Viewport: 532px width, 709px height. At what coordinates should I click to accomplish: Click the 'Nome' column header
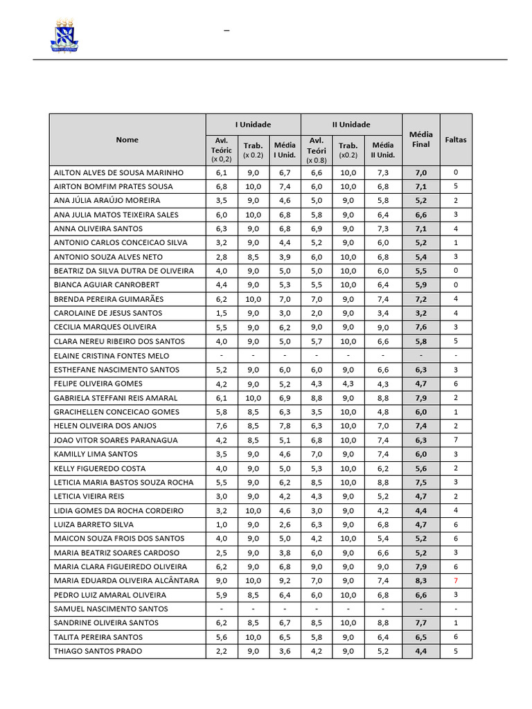pos(127,140)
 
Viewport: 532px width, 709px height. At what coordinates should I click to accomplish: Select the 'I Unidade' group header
pos(253,125)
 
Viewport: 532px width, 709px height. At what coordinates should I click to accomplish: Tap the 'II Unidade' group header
pos(351,125)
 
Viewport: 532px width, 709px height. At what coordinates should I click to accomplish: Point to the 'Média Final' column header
pos(421,139)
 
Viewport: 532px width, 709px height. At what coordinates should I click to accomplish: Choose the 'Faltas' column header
pos(456,139)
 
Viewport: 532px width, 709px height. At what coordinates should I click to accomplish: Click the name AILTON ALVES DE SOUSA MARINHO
pos(118,172)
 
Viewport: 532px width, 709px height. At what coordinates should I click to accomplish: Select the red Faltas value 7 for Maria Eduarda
pos(456,581)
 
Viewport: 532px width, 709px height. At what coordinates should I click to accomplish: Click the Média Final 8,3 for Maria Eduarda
pos(421,581)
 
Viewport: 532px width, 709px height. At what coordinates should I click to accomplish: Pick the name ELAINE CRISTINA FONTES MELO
pos(111,356)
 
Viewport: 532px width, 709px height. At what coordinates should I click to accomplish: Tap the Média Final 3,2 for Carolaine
pos(421,313)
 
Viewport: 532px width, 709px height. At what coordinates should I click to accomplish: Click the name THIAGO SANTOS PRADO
pos(98,652)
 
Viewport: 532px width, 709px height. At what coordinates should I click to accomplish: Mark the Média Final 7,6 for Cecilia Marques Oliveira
pos(421,327)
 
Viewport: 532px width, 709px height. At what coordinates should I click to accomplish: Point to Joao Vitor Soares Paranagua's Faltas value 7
pos(456,440)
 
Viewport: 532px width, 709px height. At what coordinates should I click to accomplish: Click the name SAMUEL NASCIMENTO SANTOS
pos(111,609)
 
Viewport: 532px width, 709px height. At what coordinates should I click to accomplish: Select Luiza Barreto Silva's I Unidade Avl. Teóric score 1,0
pos(222,525)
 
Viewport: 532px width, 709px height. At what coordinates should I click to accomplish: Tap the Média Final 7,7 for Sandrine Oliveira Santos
pos(421,623)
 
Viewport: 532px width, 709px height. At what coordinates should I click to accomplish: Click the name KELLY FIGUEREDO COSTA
pos(100,469)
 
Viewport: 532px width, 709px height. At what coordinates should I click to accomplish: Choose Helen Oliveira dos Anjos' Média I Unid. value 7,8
pos(285,426)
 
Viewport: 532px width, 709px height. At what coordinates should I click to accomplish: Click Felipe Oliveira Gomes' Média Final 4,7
pos(421,384)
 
